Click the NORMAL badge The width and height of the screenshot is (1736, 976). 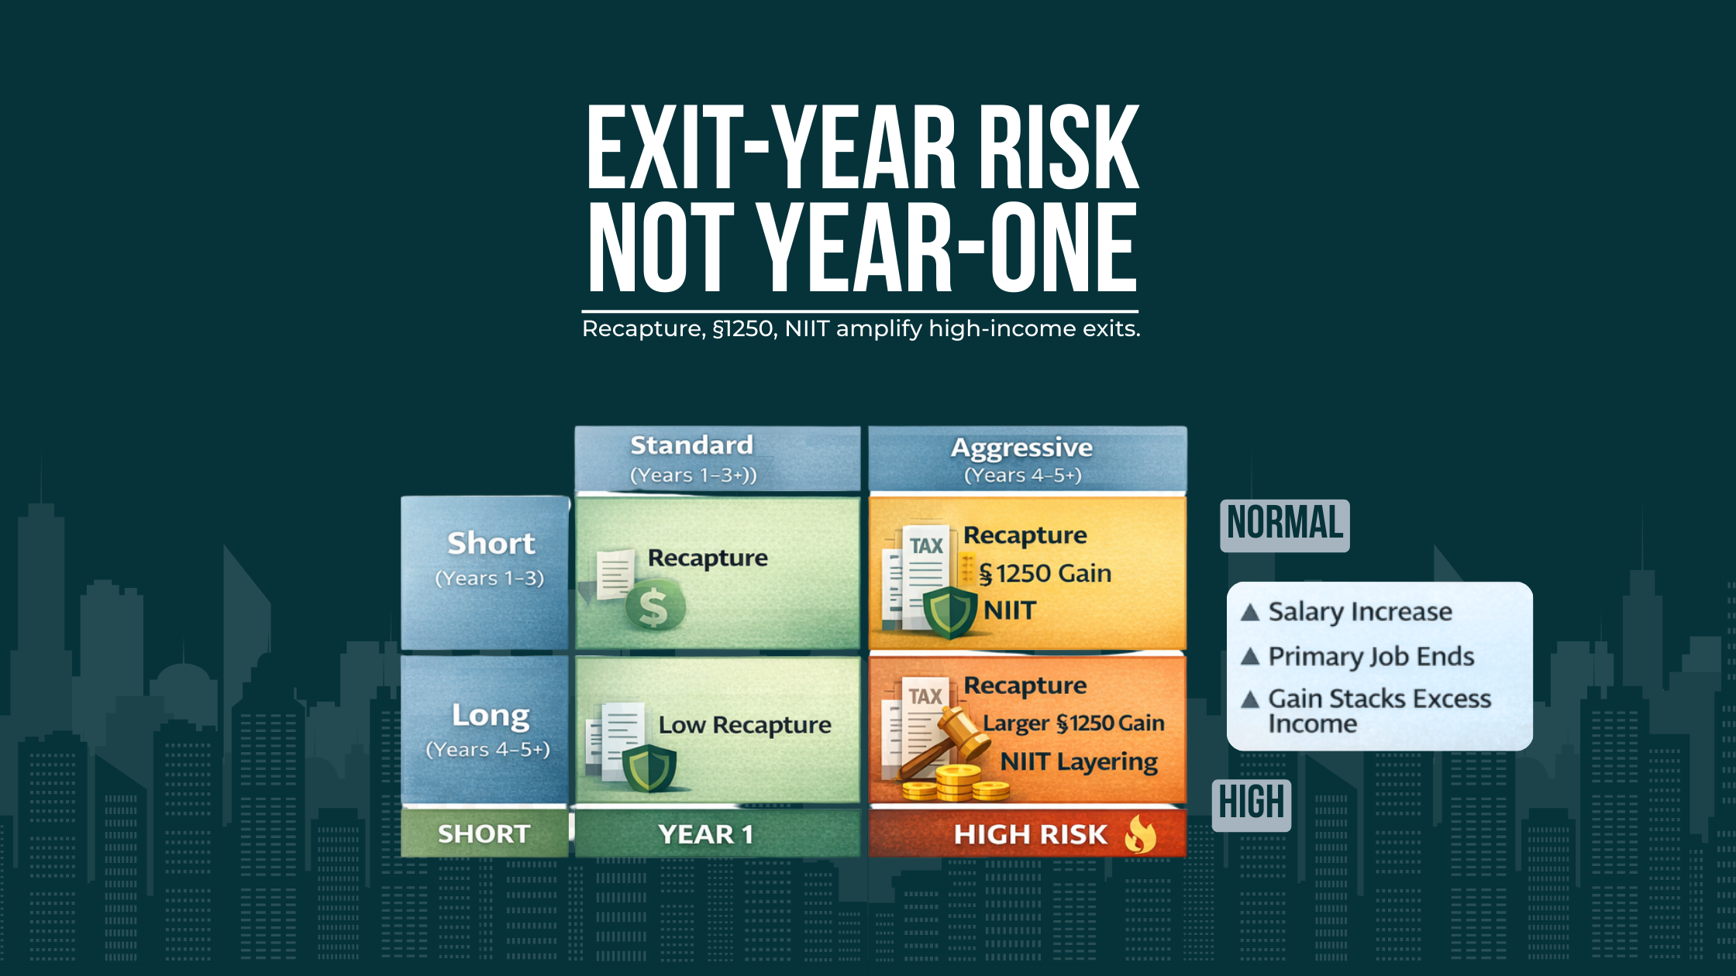[1284, 524]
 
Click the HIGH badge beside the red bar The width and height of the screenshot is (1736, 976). [1251, 804]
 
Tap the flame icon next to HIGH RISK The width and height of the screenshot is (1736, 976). [1140, 835]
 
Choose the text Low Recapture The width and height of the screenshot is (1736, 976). [744, 726]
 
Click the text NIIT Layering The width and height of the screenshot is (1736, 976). [1078, 762]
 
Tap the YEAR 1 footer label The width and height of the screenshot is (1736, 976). [705, 835]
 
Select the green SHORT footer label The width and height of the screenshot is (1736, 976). [484, 834]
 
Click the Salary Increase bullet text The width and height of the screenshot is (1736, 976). [1359, 612]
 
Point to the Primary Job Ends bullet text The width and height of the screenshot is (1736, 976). [1370, 657]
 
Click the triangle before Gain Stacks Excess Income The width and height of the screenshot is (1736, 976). [1249, 700]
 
